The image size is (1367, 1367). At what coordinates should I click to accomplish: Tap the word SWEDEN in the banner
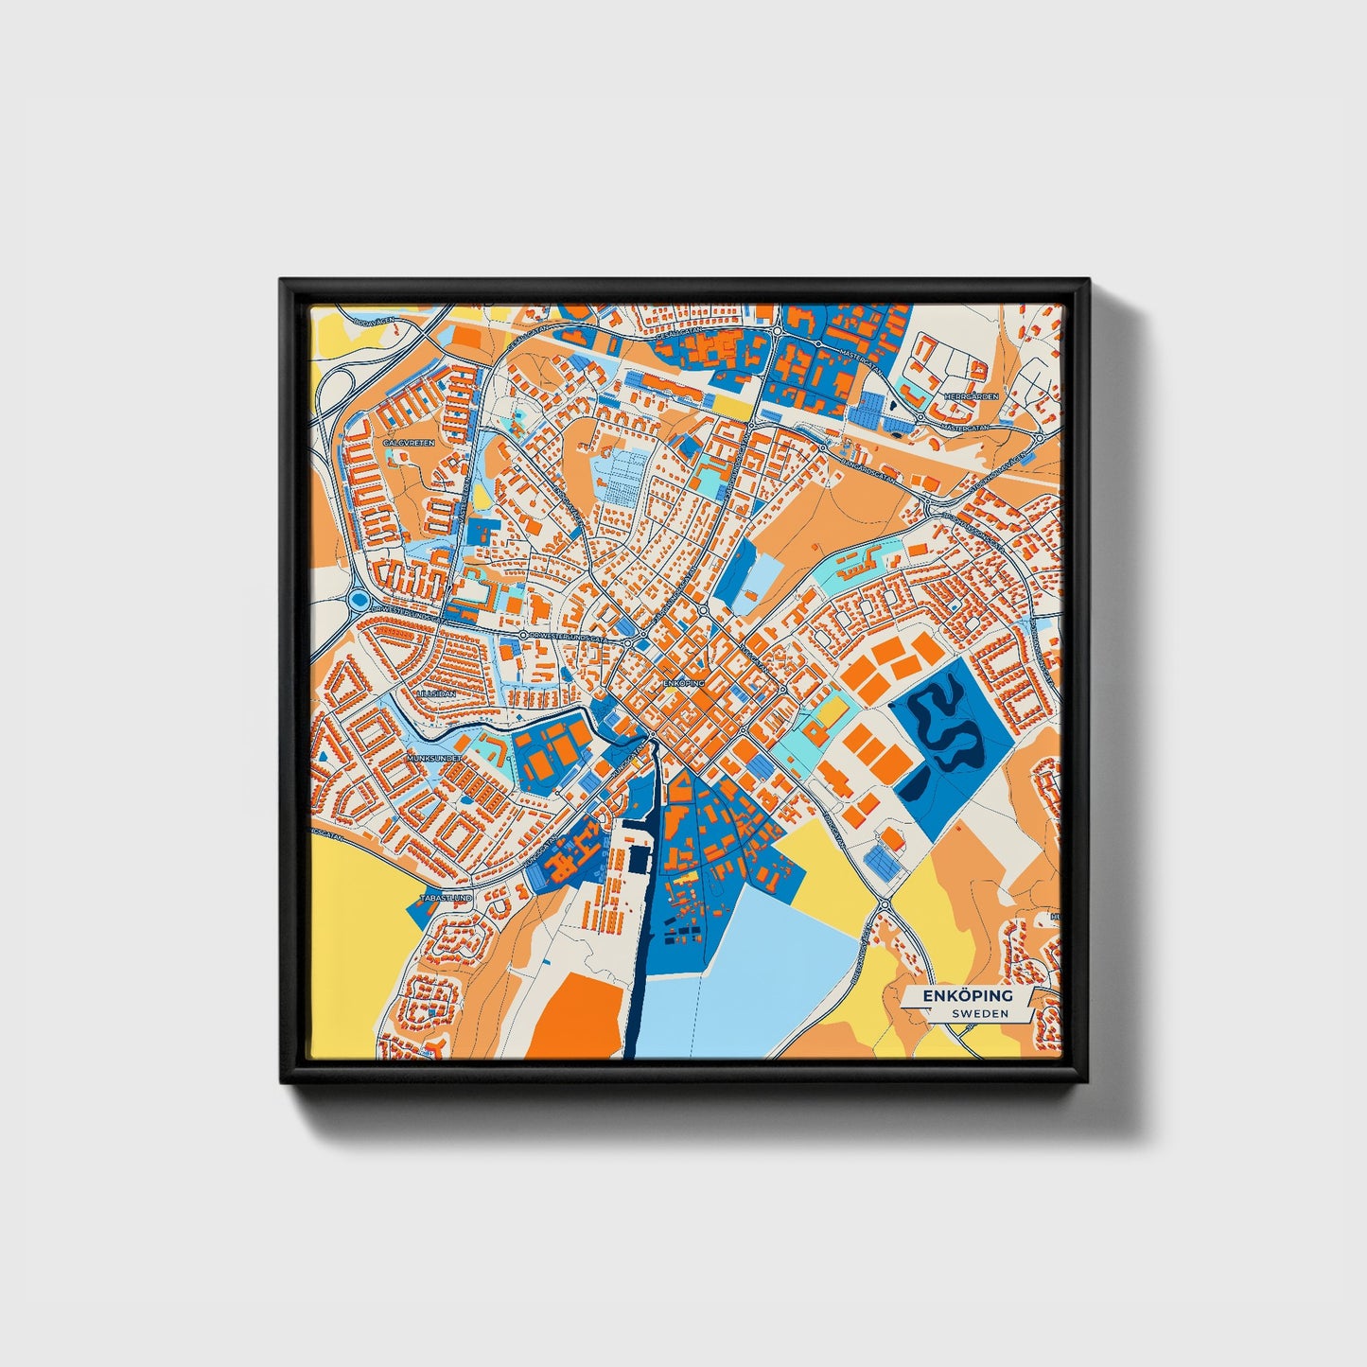click(x=980, y=1013)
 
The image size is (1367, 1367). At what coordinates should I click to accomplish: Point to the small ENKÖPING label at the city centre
click(x=683, y=681)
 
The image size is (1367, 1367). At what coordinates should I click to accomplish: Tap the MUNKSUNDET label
click(x=432, y=759)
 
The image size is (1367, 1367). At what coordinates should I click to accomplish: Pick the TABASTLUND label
click(x=446, y=897)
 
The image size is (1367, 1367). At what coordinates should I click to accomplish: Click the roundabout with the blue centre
click(x=358, y=599)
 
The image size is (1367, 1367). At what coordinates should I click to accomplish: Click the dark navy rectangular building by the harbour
click(x=640, y=859)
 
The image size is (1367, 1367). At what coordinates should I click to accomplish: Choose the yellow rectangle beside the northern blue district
click(x=729, y=404)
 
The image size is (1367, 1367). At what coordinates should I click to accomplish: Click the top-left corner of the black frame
click(x=282, y=281)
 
